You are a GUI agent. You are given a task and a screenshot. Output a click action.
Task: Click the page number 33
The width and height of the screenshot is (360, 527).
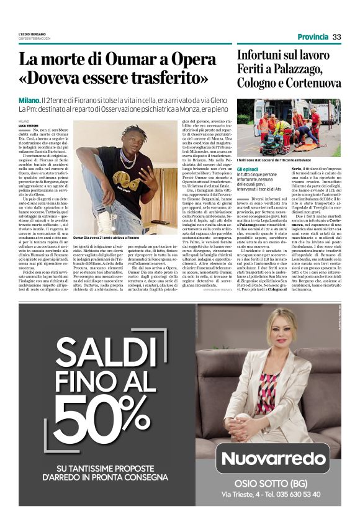[336, 37]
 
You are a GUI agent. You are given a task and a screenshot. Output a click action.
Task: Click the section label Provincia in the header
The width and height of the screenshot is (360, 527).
[313, 37]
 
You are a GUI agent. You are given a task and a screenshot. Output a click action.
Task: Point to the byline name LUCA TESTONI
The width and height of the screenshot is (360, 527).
[29, 125]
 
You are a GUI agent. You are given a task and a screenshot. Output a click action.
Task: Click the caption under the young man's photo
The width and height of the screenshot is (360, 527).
[115, 238]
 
